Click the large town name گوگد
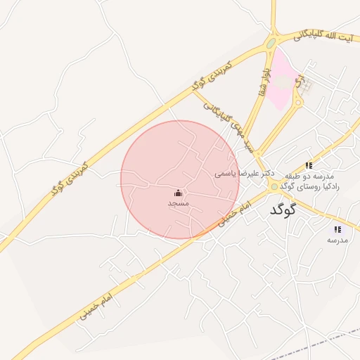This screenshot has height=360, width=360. tap(283, 210)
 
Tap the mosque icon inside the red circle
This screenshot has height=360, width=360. tap(178, 193)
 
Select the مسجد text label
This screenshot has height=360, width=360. tap(179, 203)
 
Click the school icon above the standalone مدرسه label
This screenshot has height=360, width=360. tap(337, 229)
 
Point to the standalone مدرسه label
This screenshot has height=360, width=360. tap(337, 240)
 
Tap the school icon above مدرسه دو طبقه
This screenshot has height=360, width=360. tap(309, 165)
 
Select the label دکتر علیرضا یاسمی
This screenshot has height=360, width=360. tap(243, 172)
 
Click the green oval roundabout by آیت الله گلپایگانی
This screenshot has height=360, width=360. tap(271, 44)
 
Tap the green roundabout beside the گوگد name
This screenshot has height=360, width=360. tap(274, 186)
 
